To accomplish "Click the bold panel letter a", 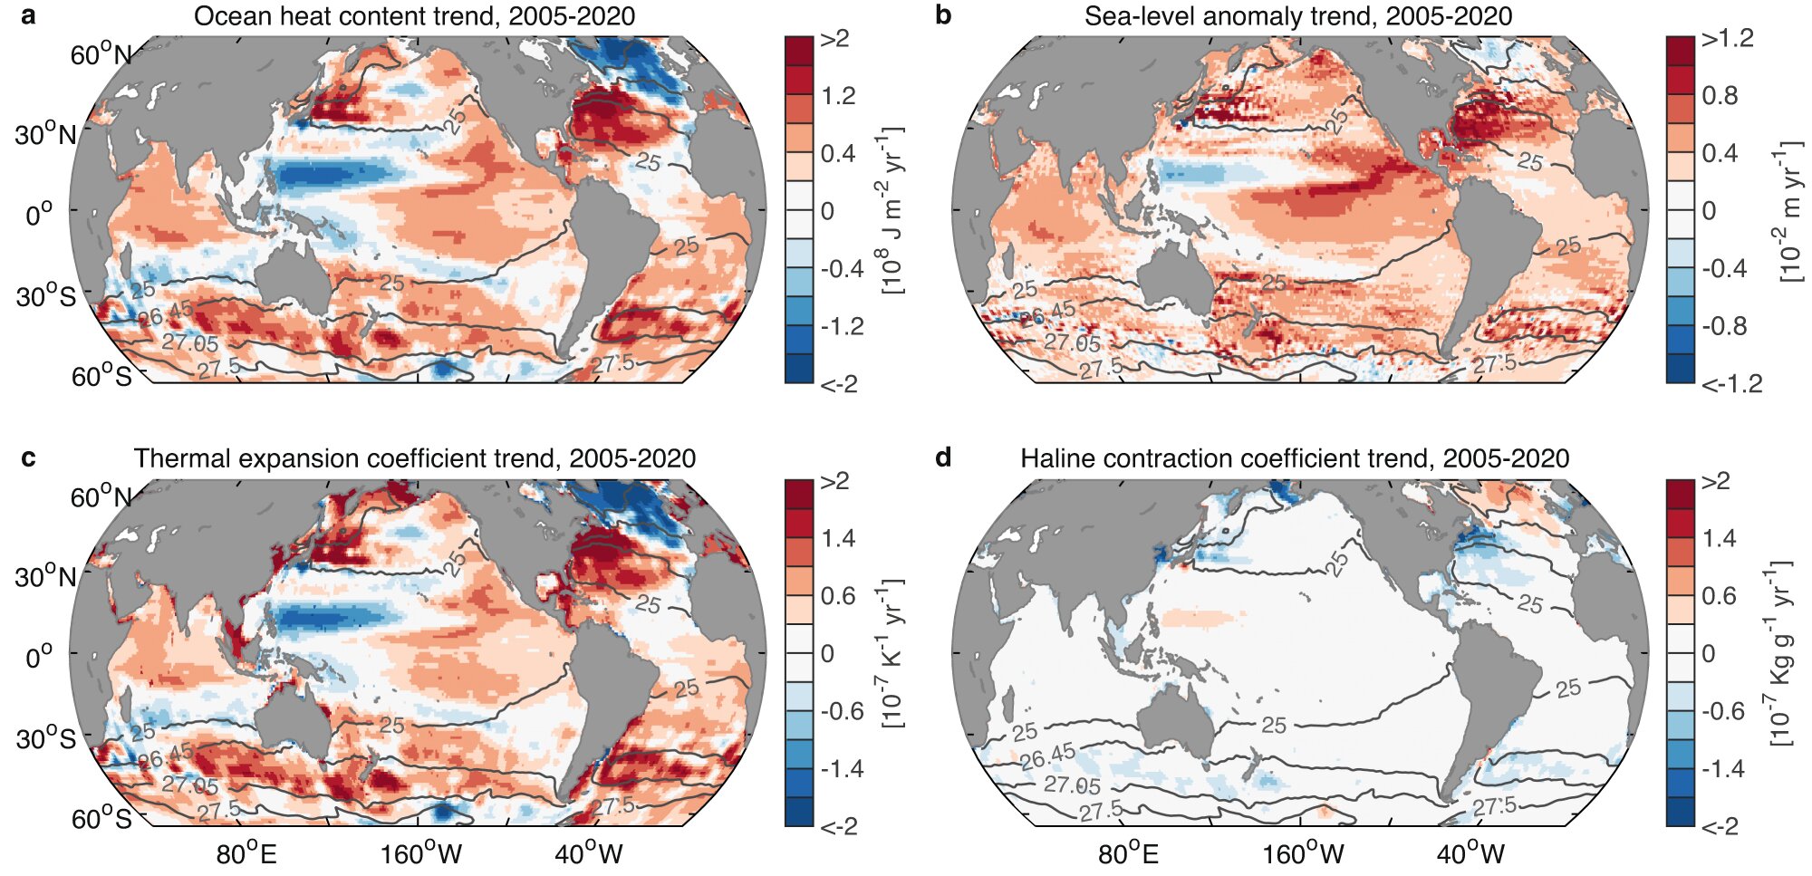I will pyautogui.click(x=29, y=15).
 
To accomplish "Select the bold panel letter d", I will pyautogui.click(x=943, y=457).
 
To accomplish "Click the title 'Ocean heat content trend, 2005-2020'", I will pyautogui.click(x=414, y=16).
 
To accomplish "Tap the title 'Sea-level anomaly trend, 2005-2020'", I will pyautogui.click(x=1297, y=16).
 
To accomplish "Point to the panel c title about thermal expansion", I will pyautogui.click(x=415, y=458).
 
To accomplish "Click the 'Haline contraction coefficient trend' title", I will pyautogui.click(x=1295, y=458).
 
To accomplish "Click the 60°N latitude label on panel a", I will pyautogui.click(x=101, y=55).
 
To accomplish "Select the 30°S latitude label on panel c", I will pyautogui.click(x=46, y=739).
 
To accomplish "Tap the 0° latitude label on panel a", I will pyautogui.click(x=39, y=215).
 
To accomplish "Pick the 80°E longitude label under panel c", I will pyautogui.click(x=246, y=853).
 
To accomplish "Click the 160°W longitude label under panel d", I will pyautogui.click(x=1303, y=853).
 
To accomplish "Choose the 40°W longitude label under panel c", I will pyautogui.click(x=589, y=853).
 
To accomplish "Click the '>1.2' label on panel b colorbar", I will pyautogui.click(x=1727, y=39).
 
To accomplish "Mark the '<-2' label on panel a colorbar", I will pyautogui.click(x=838, y=384).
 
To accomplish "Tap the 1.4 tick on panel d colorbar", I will pyautogui.click(x=1719, y=538).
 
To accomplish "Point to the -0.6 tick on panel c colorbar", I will pyautogui.click(x=842, y=711).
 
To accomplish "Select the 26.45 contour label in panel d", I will pyautogui.click(x=1048, y=756).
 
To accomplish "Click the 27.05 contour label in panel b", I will pyautogui.click(x=1071, y=342).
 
